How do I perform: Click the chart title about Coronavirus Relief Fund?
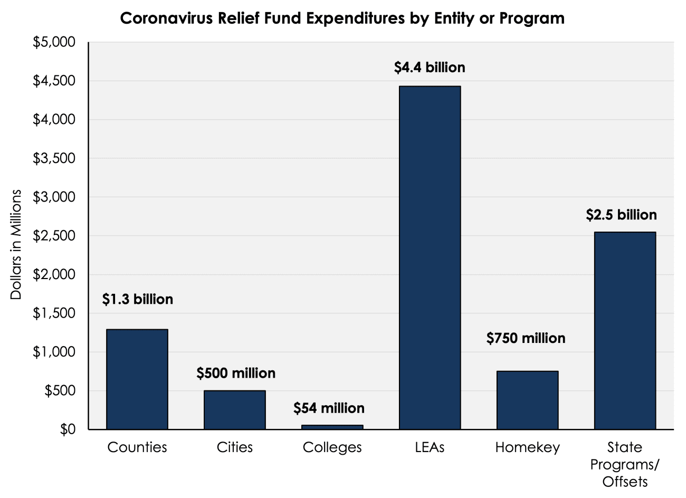coord(342,18)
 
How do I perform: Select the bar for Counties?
coord(137,379)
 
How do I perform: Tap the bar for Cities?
coord(235,410)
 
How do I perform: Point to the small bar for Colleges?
coord(332,427)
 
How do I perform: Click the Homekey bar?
coord(527,400)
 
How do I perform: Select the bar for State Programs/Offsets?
coord(625,330)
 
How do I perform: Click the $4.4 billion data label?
coord(430,68)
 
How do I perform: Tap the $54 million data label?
coord(329,408)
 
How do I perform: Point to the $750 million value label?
coord(526,338)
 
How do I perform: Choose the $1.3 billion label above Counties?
coord(137,299)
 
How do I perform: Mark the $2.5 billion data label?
coord(621,215)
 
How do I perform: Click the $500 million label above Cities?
coord(236,373)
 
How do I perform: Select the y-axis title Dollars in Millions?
coord(16,244)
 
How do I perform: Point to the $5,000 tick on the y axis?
coord(54,42)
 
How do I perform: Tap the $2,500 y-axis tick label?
coord(54,236)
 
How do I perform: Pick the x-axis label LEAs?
coord(430,447)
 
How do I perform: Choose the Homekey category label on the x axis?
coord(527,447)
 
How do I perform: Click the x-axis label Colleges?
coord(332,447)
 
